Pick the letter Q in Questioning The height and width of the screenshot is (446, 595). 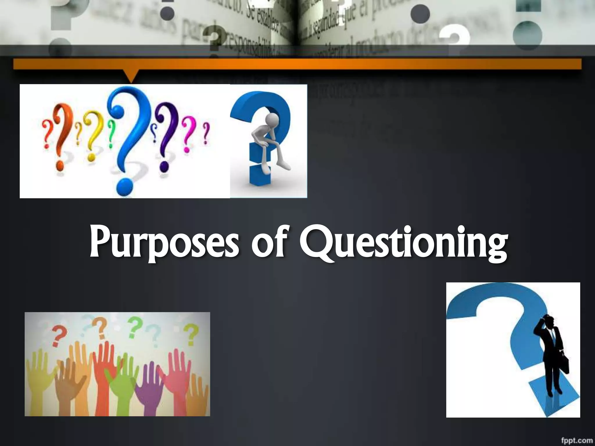[317, 242]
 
